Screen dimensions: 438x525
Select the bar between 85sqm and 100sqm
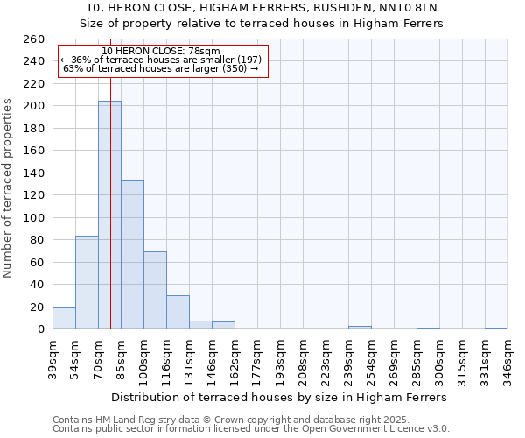[x=132, y=254]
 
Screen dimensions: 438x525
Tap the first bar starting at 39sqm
[x=64, y=319]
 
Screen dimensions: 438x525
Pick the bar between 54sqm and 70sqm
[x=87, y=282]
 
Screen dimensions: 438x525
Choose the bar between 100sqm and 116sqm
[x=155, y=290]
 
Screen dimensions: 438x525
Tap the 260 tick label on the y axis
[x=34, y=39]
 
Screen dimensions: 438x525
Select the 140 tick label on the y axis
[x=34, y=173]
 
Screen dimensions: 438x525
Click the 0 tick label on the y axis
[x=40, y=329]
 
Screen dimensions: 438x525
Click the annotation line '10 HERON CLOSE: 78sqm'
[x=161, y=52]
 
